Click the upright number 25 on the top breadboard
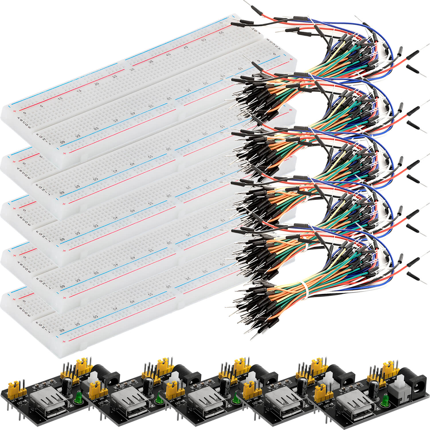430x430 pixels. (115, 76)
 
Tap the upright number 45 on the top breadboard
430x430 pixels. (185, 48)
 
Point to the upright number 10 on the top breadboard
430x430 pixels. (60, 99)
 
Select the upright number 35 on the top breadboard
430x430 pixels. (151, 62)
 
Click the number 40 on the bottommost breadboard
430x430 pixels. (132, 302)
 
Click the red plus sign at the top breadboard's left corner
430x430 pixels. (14, 110)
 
